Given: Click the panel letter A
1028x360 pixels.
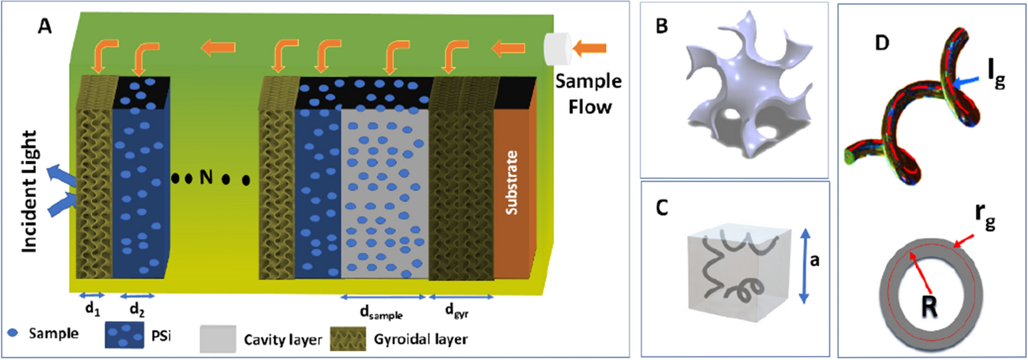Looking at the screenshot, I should [x=45, y=26].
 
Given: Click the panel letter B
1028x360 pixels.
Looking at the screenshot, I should [x=662, y=26].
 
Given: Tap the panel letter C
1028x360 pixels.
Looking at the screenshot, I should [x=662, y=207].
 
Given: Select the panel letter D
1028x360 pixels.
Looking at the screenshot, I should [x=882, y=42].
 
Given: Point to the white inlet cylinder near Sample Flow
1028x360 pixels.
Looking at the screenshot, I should [x=556, y=49].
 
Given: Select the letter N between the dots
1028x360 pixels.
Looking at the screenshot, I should [x=206, y=177].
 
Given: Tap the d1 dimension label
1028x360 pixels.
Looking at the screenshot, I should [x=92, y=309].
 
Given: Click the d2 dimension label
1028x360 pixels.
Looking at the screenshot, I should [x=137, y=309].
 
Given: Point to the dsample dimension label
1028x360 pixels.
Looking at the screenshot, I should [x=381, y=313].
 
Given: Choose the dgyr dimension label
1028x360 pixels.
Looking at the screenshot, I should [x=457, y=311].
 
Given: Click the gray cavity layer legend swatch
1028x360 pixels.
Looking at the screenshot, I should [x=218, y=339].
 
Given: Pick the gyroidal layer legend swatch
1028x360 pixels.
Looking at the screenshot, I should [x=348, y=339].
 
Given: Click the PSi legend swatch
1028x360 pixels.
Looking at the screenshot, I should [x=124, y=336].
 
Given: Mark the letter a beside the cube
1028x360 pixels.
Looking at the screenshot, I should [x=815, y=260].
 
